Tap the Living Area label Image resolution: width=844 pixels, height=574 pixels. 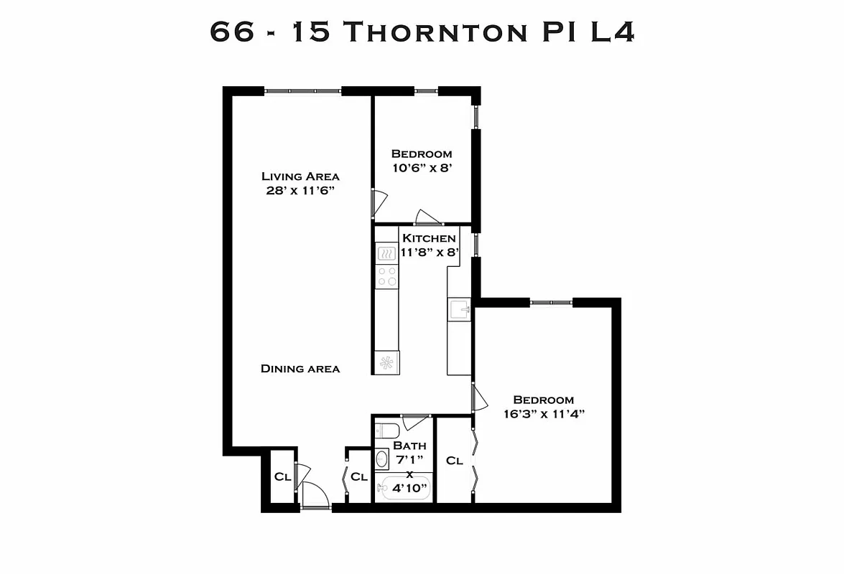click(x=300, y=177)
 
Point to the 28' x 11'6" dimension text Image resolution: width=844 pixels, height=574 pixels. click(x=300, y=190)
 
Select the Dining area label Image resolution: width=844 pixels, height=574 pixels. click(x=300, y=369)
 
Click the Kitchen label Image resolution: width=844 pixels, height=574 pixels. click(x=428, y=238)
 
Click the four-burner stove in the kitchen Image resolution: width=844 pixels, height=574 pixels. click(x=387, y=277)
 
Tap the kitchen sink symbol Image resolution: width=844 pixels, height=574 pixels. click(x=459, y=309)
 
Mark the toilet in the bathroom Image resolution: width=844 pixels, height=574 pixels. click(x=386, y=430)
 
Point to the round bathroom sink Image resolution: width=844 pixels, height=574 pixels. click(x=382, y=458)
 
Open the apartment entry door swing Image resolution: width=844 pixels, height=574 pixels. click(x=315, y=495)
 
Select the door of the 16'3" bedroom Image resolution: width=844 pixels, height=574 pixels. click(x=479, y=397)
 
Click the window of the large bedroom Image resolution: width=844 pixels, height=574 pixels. click(x=552, y=302)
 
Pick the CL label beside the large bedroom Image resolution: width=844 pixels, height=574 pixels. click(x=455, y=461)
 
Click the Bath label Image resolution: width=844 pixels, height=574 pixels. click(x=409, y=446)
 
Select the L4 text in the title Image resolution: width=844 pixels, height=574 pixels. click(x=613, y=32)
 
